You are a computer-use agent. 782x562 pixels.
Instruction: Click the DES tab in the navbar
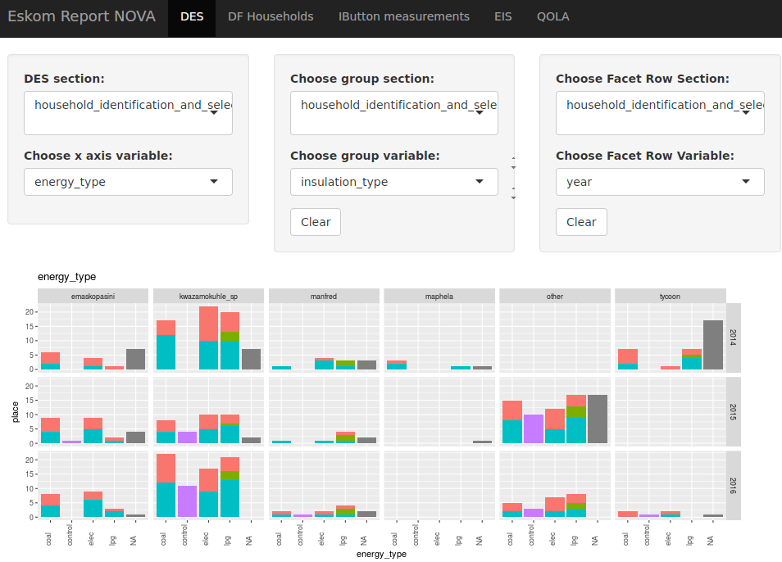pyautogui.click(x=192, y=17)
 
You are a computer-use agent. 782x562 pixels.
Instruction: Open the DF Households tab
pyautogui.click(x=271, y=17)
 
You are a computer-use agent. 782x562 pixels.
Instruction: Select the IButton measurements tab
pyautogui.click(x=404, y=17)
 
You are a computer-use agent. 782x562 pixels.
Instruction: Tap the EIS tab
pyautogui.click(x=502, y=17)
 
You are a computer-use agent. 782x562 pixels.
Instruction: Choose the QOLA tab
pyautogui.click(x=552, y=17)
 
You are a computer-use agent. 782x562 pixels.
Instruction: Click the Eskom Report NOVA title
pyautogui.click(x=81, y=17)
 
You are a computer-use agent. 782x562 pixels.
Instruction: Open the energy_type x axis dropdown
pyautogui.click(x=128, y=182)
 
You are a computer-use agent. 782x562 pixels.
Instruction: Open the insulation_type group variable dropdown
pyautogui.click(x=393, y=182)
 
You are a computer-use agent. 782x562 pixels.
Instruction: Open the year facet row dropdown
pyautogui.click(x=660, y=182)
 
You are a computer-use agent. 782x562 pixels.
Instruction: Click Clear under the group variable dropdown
pyautogui.click(x=316, y=222)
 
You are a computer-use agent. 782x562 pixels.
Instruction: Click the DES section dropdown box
pyautogui.click(x=128, y=112)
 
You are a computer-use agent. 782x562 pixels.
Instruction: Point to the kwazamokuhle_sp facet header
pyautogui.click(x=208, y=296)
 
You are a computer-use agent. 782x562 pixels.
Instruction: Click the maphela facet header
pyautogui.click(x=439, y=296)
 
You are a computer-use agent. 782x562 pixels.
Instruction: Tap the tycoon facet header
pyautogui.click(x=670, y=296)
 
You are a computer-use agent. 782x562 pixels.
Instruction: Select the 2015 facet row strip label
pyautogui.click(x=734, y=410)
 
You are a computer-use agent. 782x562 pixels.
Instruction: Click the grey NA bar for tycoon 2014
pyautogui.click(x=713, y=345)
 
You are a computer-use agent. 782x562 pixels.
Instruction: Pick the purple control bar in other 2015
pyautogui.click(x=534, y=428)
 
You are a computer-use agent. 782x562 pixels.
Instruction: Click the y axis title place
pyautogui.click(x=16, y=411)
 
